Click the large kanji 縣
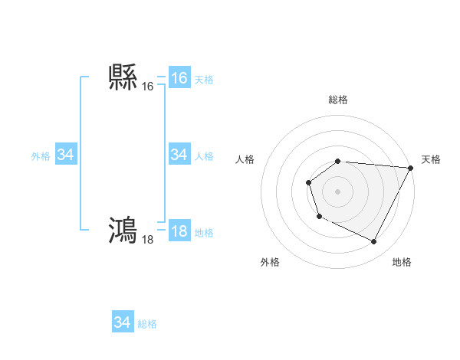(123, 78)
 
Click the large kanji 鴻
(123, 231)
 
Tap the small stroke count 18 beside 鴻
(148, 239)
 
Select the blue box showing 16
(179, 78)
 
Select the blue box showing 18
(179, 231)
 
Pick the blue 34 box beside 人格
(179, 155)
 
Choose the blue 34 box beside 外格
(66, 155)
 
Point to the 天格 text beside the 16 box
(204, 79)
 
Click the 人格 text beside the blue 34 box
(204, 155)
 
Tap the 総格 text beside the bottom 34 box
(147, 323)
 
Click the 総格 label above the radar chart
(337, 100)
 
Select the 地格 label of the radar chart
(402, 262)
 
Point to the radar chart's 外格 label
(270, 262)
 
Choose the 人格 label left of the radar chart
(245, 159)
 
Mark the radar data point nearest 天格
(410, 168)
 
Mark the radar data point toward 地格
(374, 242)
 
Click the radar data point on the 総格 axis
(337, 161)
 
